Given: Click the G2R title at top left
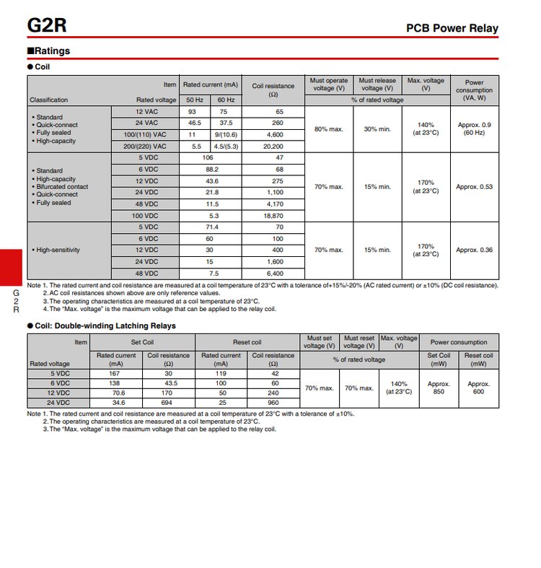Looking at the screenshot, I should coord(47,26).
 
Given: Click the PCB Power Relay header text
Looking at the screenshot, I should coord(452,29).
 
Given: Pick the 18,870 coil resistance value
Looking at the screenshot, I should coord(273,216).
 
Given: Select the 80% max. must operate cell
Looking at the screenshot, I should coord(328,128).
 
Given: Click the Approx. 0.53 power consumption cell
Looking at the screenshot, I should coord(474,187).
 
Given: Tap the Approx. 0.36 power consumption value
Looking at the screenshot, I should coord(474,250).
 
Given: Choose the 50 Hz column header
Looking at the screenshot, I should coord(195,100).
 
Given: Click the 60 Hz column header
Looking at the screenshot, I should coord(226,100).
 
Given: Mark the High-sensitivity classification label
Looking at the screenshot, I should coord(56,250).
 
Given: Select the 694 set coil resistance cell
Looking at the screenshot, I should coord(169,402).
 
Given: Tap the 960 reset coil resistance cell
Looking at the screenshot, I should coord(273,402).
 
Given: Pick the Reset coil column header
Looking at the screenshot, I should coord(247,342).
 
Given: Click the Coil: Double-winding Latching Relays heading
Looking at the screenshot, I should coord(105,325).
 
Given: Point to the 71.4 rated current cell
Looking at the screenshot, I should coord(210,227).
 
